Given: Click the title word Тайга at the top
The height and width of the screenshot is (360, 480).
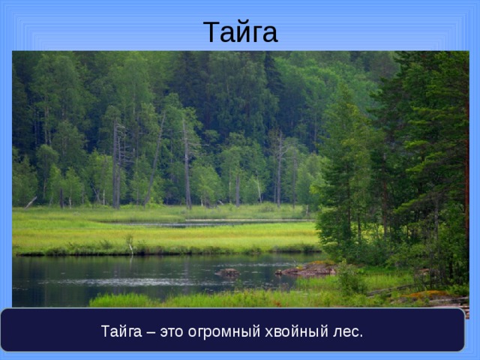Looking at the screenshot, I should point(240,32).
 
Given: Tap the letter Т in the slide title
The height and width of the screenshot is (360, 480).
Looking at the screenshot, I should point(211,32).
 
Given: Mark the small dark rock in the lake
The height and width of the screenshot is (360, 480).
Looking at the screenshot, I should point(227,273).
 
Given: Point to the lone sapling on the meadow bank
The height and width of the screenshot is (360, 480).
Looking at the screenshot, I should point(129,244).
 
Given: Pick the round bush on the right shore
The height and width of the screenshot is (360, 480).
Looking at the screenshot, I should point(349,280).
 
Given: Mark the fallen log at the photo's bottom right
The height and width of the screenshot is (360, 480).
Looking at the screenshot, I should point(442,301).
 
